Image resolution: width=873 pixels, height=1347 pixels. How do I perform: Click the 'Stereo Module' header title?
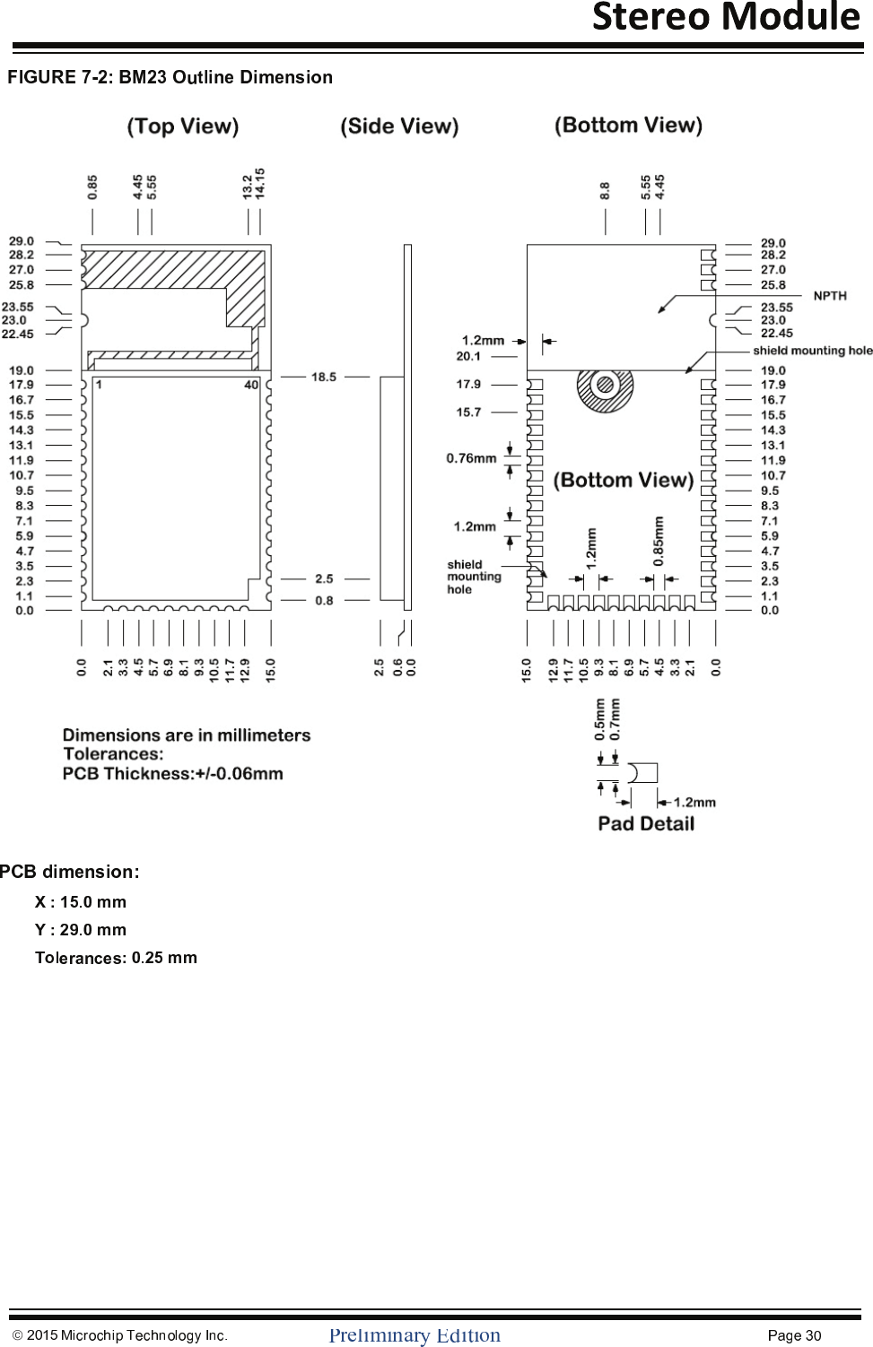tap(726, 17)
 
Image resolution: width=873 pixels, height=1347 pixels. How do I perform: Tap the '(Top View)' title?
tap(183, 126)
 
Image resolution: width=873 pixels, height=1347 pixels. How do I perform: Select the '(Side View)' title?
tap(399, 126)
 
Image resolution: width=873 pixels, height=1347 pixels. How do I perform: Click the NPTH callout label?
tap(830, 296)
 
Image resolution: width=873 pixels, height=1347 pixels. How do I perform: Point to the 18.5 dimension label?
tap(324, 377)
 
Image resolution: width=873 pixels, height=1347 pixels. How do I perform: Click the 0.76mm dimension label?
tap(471, 458)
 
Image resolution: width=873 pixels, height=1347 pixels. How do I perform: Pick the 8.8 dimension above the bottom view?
tap(605, 190)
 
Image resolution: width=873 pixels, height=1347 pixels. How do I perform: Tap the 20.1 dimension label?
tap(468, 356)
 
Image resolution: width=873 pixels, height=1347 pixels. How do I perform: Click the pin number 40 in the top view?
tap(251, 385)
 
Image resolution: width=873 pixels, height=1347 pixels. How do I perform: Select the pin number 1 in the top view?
tap(99, 385)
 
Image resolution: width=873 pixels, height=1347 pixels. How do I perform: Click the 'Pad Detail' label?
tap(646, 823)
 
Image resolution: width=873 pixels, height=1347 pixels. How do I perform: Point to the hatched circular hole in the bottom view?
tap(605, 387)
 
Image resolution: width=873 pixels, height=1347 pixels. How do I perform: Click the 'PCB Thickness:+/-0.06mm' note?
tap(173, 773)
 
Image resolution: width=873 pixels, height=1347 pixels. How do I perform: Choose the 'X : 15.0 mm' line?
tap(81, 902)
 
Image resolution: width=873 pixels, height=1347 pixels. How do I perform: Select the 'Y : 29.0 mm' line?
tap(81, 930)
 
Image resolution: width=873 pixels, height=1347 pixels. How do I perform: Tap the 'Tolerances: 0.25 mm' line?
tap(116, 958)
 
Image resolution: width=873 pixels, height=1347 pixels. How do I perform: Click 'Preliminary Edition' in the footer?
tap(415, 1335)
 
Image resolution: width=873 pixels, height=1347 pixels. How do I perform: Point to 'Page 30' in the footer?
tap(794, 1335)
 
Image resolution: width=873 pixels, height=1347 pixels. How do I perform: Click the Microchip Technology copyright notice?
tap(120, 1335)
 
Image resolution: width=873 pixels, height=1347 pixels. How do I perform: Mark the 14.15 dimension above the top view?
tap(260, 183)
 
